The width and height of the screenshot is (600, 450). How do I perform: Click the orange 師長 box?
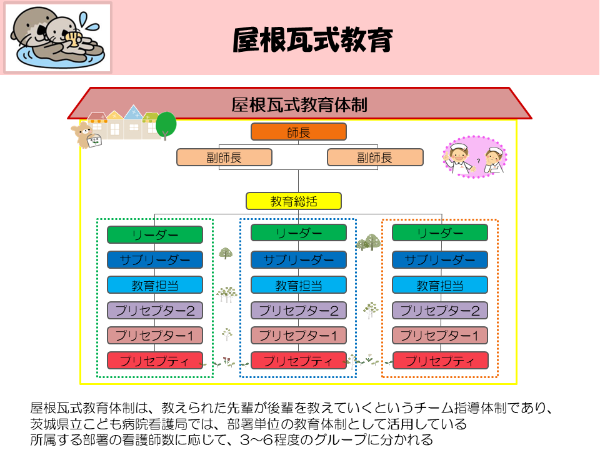coord(299,132)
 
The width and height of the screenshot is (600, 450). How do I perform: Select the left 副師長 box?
coord(224,157)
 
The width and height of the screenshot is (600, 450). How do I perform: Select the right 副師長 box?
coord(375,157)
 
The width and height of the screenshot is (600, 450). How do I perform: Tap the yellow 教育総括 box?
coord(294,201)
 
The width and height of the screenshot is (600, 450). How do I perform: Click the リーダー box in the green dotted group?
coord(154,234)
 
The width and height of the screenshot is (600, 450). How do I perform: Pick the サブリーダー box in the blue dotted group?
coord(299,259)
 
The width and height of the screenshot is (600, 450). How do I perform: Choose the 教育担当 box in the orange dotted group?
coord(440,285)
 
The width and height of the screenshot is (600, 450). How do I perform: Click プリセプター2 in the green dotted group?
coord(154,310)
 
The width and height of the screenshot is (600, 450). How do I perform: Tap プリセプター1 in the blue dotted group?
coord(299,335)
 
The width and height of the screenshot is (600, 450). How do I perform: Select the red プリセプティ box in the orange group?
coord(440,361)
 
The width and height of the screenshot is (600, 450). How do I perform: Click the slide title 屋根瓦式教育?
coord(312,39)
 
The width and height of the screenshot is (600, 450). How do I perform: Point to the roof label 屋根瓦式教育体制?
coord(299,104)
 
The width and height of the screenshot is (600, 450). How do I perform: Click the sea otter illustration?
coord(57,37)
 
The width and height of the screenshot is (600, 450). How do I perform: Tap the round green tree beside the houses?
coord(166,124)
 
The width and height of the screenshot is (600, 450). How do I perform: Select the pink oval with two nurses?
coord(474,156)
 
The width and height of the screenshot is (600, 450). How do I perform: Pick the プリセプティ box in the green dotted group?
coord(154,361)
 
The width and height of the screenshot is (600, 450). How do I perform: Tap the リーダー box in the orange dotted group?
coord(440,232)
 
